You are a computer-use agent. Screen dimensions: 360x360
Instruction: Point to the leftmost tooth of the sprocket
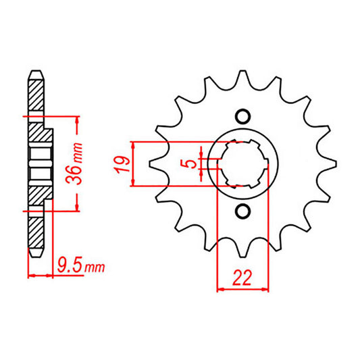[x=153, y=163]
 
